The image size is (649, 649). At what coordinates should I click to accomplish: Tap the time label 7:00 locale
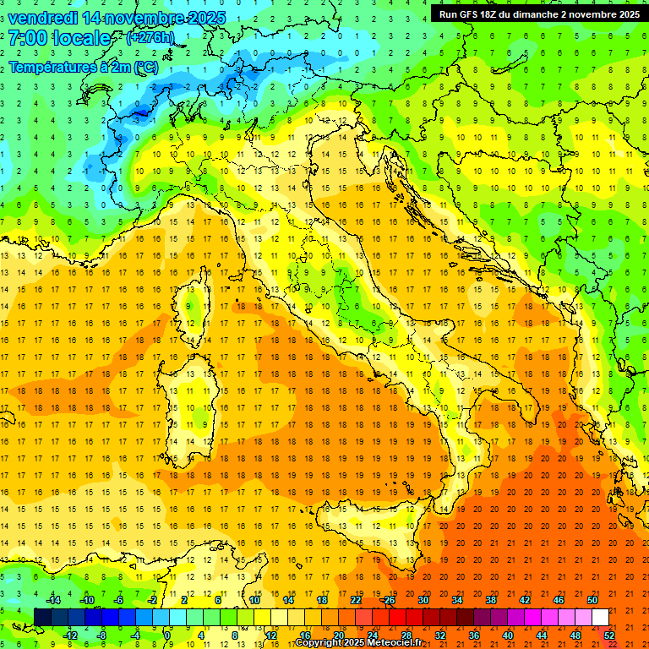(x=59, y=38)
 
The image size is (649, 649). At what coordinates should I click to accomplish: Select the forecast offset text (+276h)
(x=150, y=38)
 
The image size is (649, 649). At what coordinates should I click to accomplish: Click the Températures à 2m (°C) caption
(x=83, y=66)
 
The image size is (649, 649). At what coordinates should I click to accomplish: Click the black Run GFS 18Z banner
(x=538, y=14)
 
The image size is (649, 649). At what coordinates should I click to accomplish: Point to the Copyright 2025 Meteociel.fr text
(x=358, y=642)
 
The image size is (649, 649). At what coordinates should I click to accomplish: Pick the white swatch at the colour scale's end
(x=600, y=617)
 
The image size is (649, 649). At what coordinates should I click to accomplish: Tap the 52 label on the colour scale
(x=609, y=635)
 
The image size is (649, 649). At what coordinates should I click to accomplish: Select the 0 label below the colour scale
(x=168, y=635)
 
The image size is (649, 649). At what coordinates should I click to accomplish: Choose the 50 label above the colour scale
(x=592, y=600)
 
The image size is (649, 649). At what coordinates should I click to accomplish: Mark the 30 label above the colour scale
(x=423, y=600)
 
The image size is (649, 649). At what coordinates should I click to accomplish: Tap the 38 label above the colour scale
(x=490, y=600)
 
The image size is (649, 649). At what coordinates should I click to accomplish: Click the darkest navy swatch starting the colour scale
(x=42, y=617)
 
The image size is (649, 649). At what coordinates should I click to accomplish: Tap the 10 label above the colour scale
(x=254, y=600)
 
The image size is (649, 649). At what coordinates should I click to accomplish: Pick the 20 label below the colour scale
(x=338, y=635)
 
